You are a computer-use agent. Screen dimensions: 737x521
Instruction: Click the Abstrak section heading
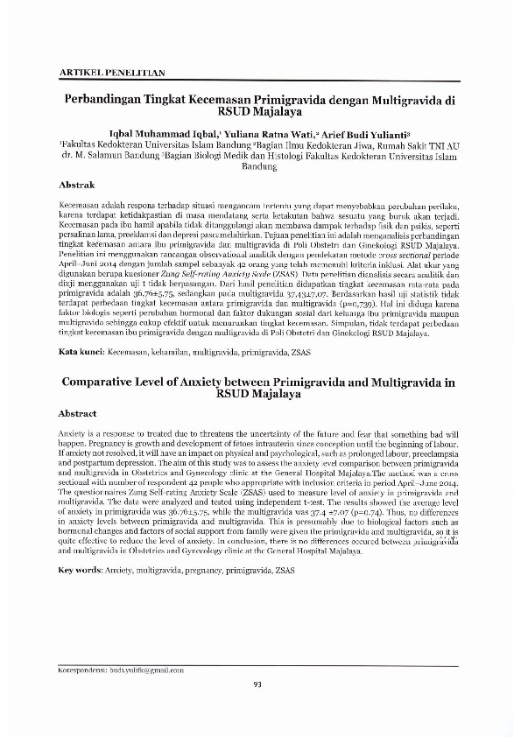[x=76, y=186]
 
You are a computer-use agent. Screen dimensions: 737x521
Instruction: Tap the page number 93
[x=257, y=684]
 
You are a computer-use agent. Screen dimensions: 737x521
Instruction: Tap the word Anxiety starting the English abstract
[x=74, y=434]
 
